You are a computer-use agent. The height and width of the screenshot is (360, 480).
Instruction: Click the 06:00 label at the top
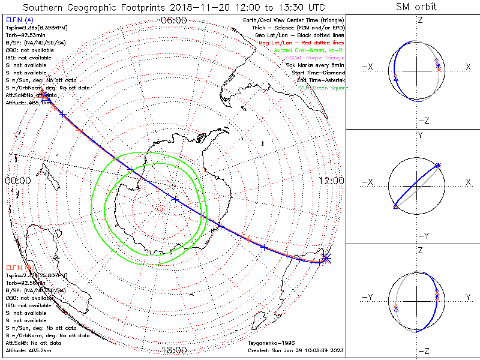coord(174,20)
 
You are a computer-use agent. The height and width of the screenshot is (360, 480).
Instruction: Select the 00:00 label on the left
coord(17,180)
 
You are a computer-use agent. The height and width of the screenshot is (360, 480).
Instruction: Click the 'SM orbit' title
coord(416,7)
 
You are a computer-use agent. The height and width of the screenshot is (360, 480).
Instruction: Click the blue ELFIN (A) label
coord(19,20)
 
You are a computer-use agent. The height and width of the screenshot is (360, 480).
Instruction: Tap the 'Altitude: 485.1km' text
coord(29,103)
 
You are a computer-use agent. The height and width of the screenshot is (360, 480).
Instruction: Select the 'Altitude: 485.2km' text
coord(29,350)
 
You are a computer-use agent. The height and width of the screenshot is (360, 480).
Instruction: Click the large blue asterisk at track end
coord(325,258)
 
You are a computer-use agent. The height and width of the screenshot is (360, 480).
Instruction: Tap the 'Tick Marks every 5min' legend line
coord(316,65)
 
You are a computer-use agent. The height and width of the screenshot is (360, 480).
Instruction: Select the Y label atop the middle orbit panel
coord(420,136)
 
